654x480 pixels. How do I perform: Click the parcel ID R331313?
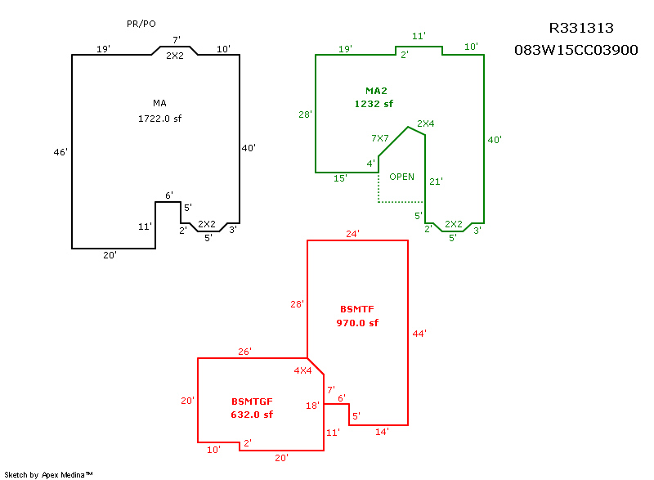(581, 28)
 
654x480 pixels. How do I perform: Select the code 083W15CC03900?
(576, 50)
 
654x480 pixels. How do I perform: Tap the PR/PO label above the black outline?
(141, 24)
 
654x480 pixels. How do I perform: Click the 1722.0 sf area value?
(159, 119)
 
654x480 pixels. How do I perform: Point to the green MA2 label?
(376, 91)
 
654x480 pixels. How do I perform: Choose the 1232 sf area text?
(374, 104)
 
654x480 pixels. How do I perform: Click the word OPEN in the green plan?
(401, 177)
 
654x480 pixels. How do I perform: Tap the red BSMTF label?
(357, 309)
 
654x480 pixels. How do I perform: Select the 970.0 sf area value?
(357, 323)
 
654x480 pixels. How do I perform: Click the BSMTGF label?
(252, 401)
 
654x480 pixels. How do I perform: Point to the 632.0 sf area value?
(252, 415)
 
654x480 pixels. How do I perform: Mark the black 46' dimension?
(60, 152)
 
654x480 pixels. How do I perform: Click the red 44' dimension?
(419, 334)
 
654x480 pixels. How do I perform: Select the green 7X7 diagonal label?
(380, 138)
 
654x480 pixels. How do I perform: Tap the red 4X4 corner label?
(302, 370)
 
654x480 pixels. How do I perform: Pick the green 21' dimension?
(437, 182)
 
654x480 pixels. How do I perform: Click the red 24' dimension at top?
(353, 234)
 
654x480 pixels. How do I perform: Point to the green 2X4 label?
(426, 123)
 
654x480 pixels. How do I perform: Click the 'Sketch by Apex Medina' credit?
(48, 474)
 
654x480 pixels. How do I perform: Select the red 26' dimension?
(244, 352)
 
